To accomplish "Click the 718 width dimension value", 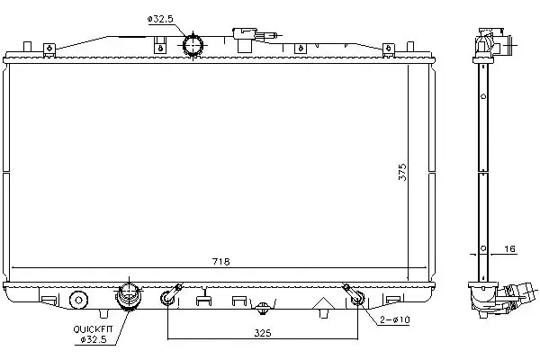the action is (x=220, y=262).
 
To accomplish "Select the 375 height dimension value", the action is (x=402, y=172).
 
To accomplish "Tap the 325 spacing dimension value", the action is (x=263, y=333).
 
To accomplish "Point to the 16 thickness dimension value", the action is (x=509, y=248).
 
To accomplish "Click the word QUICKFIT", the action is (x=93, y=329).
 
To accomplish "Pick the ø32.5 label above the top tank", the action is (x=160, y=19).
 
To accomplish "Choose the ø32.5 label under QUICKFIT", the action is (x=94, y=339).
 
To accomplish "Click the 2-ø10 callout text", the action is (x=395, y=320).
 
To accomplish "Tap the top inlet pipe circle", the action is (x=193, y=46).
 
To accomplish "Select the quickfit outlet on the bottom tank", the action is (x=129, y=296).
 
